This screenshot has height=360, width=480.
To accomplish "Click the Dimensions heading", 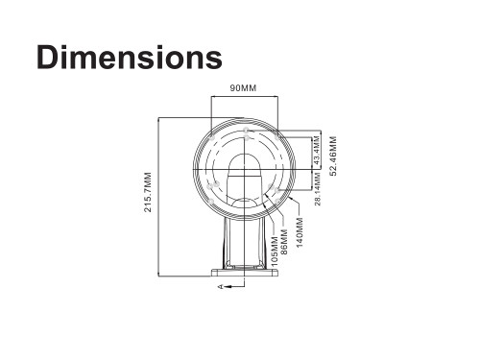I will coord(130,56).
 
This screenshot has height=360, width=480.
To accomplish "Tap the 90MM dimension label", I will coord(243,88).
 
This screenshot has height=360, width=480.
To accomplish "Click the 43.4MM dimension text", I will coord(318,153).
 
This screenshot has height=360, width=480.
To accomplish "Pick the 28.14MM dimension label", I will coord(318,188).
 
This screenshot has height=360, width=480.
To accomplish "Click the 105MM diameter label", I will coord(275,245).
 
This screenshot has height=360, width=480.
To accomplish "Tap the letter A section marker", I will coord(221,286).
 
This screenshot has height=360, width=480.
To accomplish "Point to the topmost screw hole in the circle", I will coord(247,131).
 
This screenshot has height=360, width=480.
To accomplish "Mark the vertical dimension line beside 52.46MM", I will coord(324,154).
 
